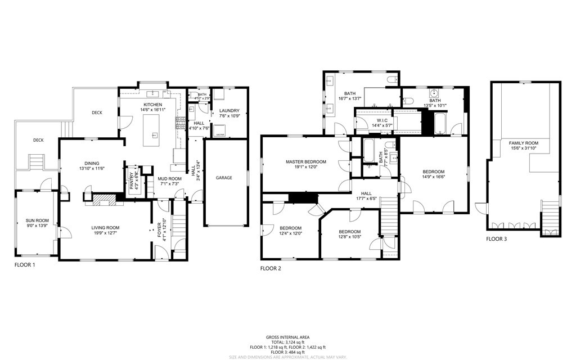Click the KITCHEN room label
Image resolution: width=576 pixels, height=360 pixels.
tap(152, 105)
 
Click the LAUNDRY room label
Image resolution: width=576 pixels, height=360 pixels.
tap(229, 111)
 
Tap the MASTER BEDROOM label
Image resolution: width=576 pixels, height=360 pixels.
tap(302, 161)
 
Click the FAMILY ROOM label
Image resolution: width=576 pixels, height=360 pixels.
tap(524, 143)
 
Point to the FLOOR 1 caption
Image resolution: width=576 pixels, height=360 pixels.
tap(25, 264)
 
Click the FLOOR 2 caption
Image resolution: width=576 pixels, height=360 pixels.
tap(271, 268)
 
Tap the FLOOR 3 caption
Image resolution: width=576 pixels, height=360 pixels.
tap(497, 239)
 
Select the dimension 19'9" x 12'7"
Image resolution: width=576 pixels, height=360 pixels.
tap(106, 233)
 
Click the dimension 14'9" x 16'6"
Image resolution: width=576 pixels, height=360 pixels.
tap(434, 177)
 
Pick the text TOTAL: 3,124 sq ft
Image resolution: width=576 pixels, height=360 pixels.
tap(287, 342)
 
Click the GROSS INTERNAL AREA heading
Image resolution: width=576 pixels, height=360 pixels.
tap(287, 336)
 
